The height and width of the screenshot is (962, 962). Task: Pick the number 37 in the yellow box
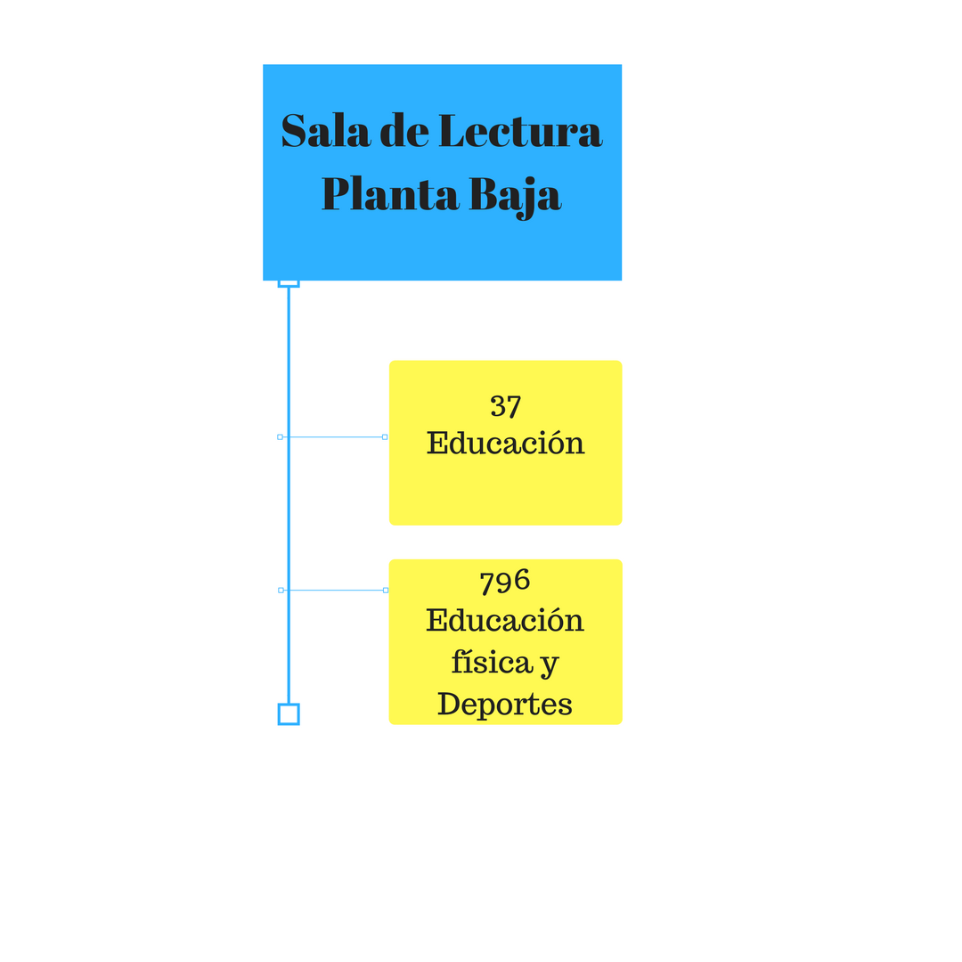505,406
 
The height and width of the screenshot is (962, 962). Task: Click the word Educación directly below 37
505,443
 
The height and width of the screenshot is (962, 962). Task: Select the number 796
505,582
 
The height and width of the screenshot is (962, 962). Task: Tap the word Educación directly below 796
505,620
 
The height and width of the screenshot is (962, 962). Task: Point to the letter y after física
550,664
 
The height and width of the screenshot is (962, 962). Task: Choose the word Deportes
505,704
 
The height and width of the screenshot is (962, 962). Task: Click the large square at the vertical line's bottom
289,713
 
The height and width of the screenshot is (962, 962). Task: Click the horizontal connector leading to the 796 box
333,590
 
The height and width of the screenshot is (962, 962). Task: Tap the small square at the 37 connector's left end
280,436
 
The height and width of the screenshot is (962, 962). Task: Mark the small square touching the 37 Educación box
385,436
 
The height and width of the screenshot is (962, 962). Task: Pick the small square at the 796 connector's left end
281,590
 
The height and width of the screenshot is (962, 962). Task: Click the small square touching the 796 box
386,590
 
